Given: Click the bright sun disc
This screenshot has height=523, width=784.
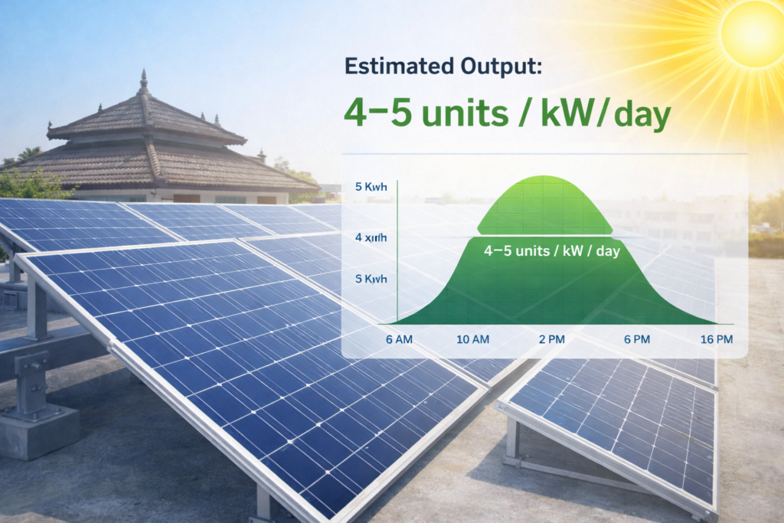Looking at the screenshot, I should (753, 35).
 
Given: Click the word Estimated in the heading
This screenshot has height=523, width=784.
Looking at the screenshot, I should (391, 67).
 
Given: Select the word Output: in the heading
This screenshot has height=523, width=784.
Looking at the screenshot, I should (494, 67).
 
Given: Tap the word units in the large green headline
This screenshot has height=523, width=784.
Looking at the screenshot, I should (449, 115).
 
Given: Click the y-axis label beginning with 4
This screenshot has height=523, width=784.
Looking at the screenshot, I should (371, 237).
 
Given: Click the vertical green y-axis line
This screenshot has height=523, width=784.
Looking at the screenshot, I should (398, 253).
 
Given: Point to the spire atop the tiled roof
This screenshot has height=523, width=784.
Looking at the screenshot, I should (143, 83).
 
